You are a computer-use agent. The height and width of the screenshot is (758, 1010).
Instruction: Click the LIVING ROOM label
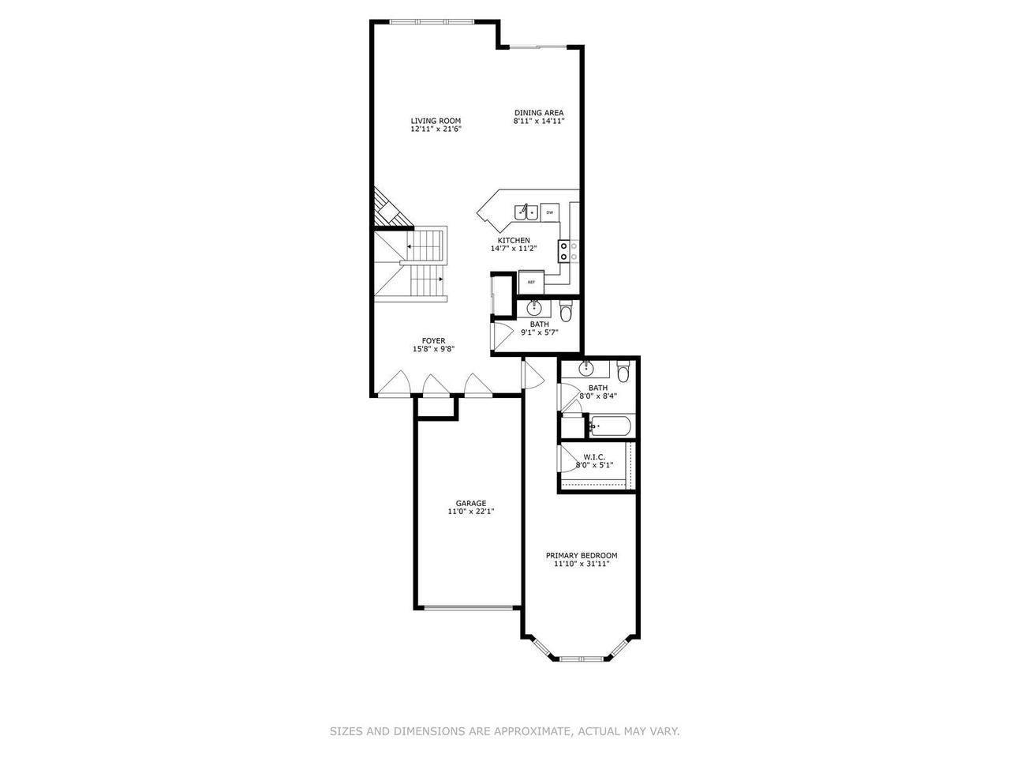[x=436, y=121]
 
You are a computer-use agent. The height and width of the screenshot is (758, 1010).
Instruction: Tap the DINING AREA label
[x=539, y=112]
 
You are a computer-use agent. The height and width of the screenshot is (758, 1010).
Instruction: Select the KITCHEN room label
[x=514, y=240]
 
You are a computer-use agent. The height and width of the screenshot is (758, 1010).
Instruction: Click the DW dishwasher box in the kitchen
[x=550, y=212]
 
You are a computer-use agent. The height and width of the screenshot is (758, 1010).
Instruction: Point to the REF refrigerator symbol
[x=531, y=281]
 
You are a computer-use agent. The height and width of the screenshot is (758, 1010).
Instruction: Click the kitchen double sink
[x=526, y=212]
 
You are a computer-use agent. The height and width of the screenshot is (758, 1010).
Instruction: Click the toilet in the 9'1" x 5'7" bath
[x=565, y=312]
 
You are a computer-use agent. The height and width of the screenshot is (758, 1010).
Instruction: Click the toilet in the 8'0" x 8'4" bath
[x=623, y=371]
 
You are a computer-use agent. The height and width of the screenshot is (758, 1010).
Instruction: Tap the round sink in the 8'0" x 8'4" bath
[x=587, y=368]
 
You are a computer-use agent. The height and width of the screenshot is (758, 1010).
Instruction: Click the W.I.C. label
[x=594, y=456]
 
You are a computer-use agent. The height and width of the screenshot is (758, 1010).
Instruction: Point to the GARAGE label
[x=471, y=503]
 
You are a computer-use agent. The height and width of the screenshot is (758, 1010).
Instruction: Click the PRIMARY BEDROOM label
[x=582, y=555]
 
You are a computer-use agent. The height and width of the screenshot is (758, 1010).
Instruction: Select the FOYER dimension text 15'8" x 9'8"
[x=433, y=349]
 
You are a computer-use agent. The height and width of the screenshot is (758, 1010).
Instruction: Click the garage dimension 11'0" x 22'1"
[x=471, y=512]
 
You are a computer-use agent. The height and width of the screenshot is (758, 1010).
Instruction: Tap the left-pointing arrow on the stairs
[x=410, y=247]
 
